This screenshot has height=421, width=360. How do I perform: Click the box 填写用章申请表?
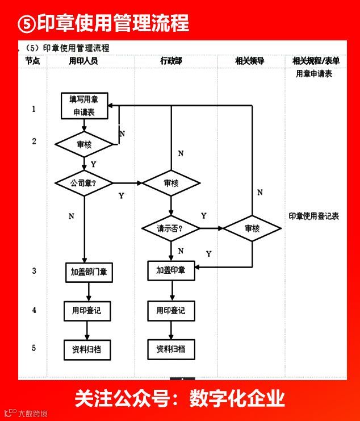pos(84,106)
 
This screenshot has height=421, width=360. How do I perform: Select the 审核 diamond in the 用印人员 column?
pos(84,145)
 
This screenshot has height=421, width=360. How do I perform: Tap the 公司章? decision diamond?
pos(83,183)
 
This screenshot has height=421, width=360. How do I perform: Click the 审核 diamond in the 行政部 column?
pos(171,183)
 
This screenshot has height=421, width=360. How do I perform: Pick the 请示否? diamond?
pos(171,228)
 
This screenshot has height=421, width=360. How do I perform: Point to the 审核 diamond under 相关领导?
pos(252,228)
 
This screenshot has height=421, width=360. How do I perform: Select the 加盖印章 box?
pos(171,270)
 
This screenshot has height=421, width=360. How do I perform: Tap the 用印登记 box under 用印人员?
pos(87,311)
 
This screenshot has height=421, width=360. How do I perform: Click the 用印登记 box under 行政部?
pos(171,311)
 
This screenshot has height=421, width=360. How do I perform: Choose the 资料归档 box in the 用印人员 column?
pos(87,349)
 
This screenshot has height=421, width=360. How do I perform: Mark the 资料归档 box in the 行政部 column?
pos(171,349)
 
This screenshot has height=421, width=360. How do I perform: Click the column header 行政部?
pos(171,61)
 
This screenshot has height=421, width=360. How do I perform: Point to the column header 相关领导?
pos(250,61)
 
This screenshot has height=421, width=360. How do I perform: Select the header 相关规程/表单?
pos(316,61)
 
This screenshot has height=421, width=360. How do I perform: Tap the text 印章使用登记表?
pos(313,216)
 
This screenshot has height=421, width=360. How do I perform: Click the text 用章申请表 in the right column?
pos(313,74)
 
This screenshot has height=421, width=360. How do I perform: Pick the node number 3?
pos(34,271)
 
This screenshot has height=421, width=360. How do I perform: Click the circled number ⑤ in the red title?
pos(27,24)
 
